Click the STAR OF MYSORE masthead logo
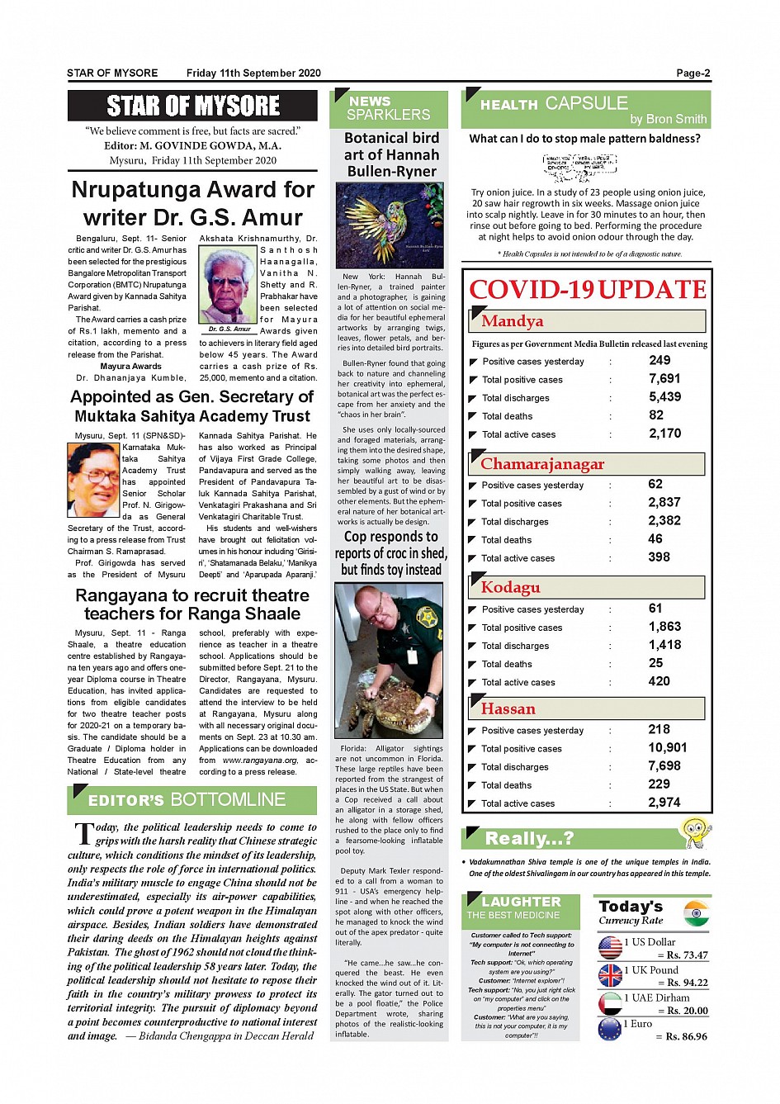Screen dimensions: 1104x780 [x=192, y=106]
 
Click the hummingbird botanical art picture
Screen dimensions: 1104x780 [x=390, y=225]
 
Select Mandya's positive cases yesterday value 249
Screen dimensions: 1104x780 [x=659, y=360]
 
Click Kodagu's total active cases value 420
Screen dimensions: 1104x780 [x=659, y=681]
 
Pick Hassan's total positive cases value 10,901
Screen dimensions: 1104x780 [x=667, y=747]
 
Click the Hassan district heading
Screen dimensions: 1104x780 [x=508, y=708]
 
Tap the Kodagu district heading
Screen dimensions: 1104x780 [x=510, y=587]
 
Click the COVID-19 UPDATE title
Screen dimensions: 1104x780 [x=587, y=290]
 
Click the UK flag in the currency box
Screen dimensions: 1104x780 [x=610, y=975]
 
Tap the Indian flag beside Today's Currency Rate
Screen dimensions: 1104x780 [x=696, y=912]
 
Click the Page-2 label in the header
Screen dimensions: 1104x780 [x=693, y=73]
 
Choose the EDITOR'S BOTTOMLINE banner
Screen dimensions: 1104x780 [x=192, y=799]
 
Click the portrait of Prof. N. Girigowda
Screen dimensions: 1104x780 [x=93, y=479]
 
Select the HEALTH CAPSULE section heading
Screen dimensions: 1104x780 [x=554, y=104]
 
